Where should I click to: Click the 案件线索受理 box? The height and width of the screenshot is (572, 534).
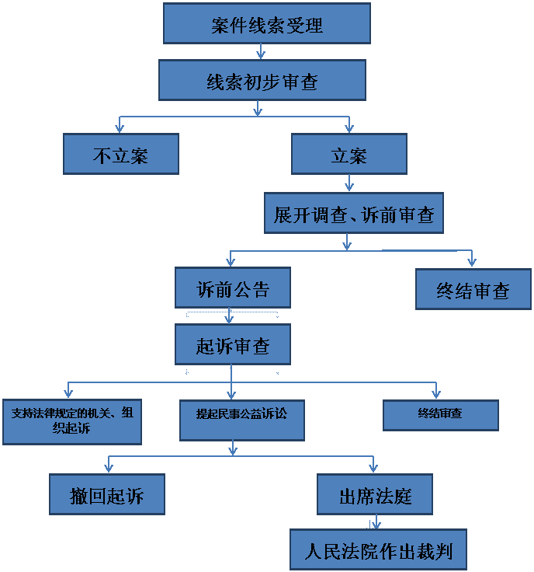(266, 24)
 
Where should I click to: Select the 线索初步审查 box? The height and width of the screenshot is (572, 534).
(262, 81)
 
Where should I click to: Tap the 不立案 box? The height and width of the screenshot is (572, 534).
(121, 154)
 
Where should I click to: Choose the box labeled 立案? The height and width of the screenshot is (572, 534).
(349, 154)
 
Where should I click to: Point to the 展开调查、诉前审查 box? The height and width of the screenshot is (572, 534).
(353, 214)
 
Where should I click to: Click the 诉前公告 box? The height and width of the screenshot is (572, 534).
(233, 288)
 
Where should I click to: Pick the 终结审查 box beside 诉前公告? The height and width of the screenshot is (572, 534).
(473, 289)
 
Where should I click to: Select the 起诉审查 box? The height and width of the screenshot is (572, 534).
(233, 345)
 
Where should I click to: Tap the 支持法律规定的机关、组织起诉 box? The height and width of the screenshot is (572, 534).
(72, 422)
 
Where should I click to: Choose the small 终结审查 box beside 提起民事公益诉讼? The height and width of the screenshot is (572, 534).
(440, 415)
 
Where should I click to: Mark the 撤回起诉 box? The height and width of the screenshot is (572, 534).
(107, 494)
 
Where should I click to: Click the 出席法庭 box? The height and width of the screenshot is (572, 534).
(374, 494)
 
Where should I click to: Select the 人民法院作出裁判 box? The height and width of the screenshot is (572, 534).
(378, 551)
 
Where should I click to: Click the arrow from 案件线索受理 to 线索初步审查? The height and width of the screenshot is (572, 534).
(261, 52)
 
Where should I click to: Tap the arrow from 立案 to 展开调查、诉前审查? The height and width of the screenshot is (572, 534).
(349, 183)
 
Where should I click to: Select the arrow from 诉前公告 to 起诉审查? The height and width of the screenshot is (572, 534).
(230, 316)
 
